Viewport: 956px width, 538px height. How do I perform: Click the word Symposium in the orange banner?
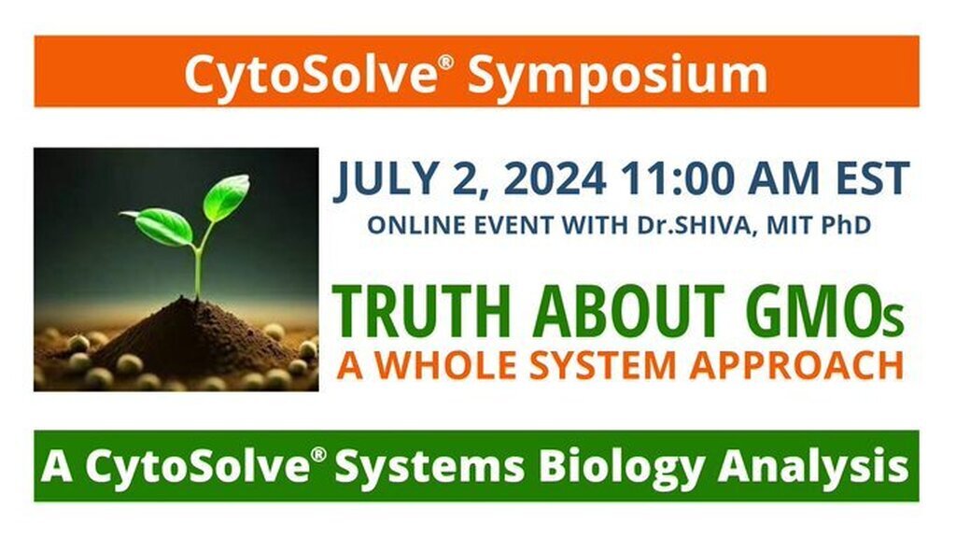[617, 75]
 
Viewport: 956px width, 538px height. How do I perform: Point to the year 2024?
[555, 178]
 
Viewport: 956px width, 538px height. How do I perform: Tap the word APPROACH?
[797, 365]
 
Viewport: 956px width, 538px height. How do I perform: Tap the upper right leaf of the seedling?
[226, 196]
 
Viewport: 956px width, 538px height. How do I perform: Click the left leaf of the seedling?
[161, 226]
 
